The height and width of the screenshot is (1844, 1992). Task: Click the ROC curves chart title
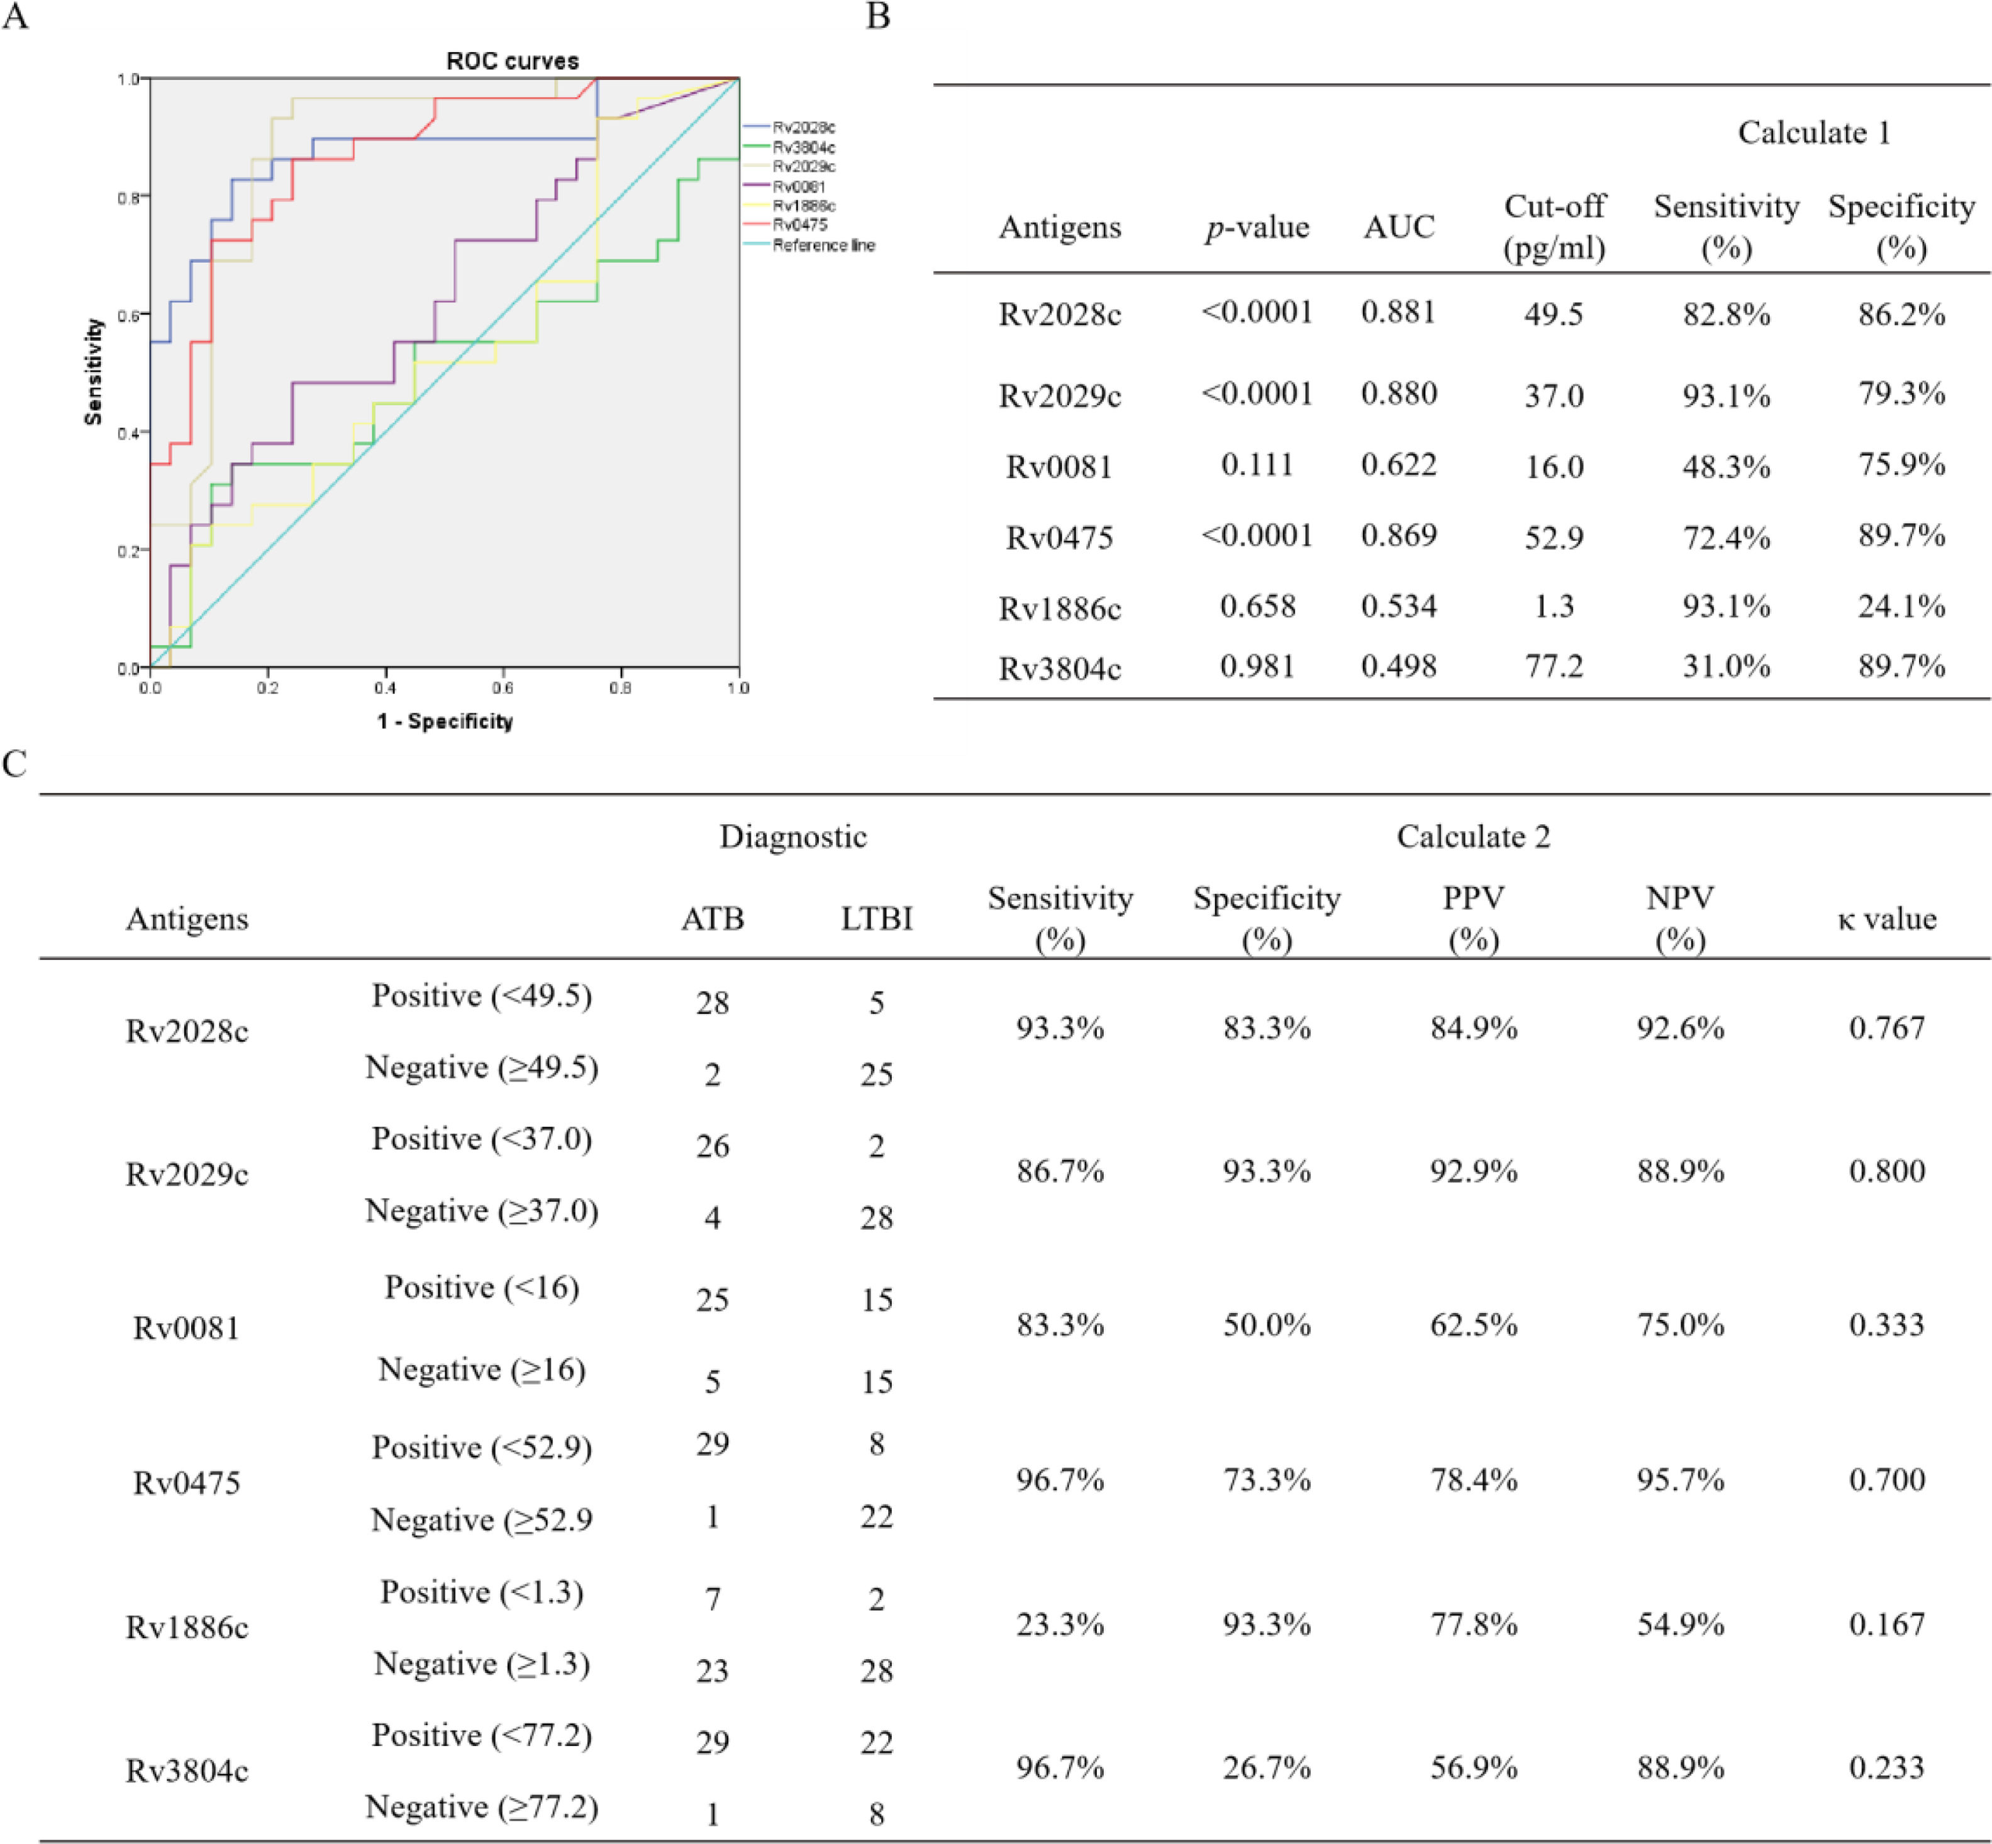(x=512, y=61)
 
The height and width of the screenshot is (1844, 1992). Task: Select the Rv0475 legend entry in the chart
(x=799, y=225)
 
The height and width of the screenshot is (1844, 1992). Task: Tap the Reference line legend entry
(x=823, y=245)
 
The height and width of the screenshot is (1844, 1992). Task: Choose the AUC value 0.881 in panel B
(x=1398, y=312)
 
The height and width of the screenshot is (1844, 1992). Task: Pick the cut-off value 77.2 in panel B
(x=1553, y=666)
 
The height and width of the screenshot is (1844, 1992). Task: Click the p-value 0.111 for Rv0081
(x=1257, y=465)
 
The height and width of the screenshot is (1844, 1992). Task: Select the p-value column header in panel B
(x=1257, y=228)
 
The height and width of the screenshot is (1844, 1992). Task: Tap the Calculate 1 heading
(x=1813, y=133)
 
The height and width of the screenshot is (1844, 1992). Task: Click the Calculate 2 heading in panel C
(x=1472, y=836)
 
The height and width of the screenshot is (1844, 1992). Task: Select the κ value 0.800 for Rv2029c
(x=1886, y=1170)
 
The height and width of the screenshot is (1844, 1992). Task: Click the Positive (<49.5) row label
(x=482, y=996)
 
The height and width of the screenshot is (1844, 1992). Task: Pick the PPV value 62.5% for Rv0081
(x=1473, y=1325)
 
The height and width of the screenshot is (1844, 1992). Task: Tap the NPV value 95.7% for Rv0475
(x=1680, y=1479)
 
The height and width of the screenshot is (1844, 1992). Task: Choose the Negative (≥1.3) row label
(x=482, y=1663)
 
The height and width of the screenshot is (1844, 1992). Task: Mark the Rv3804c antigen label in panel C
(x=187, y=1771)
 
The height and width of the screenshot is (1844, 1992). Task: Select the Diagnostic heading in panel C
(x=793, y=836)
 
